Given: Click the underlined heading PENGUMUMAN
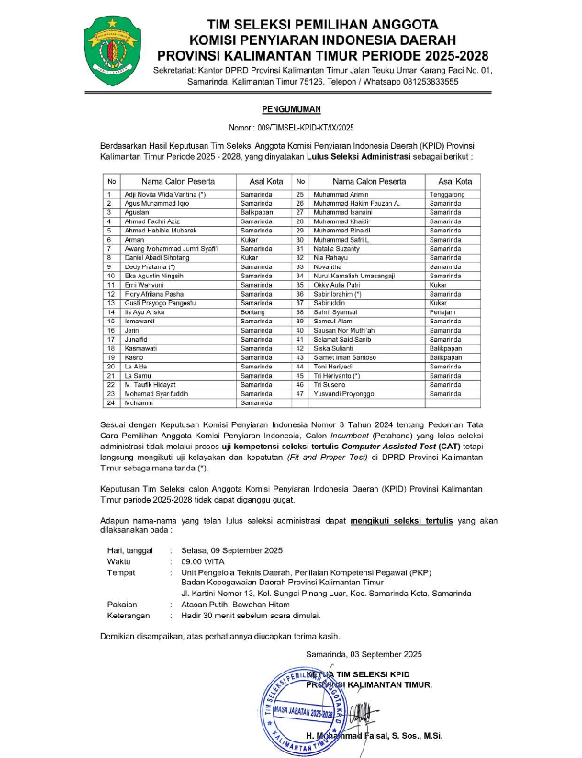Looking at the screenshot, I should click(290, 108).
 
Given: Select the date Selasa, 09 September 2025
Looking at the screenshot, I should click(229, 549).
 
